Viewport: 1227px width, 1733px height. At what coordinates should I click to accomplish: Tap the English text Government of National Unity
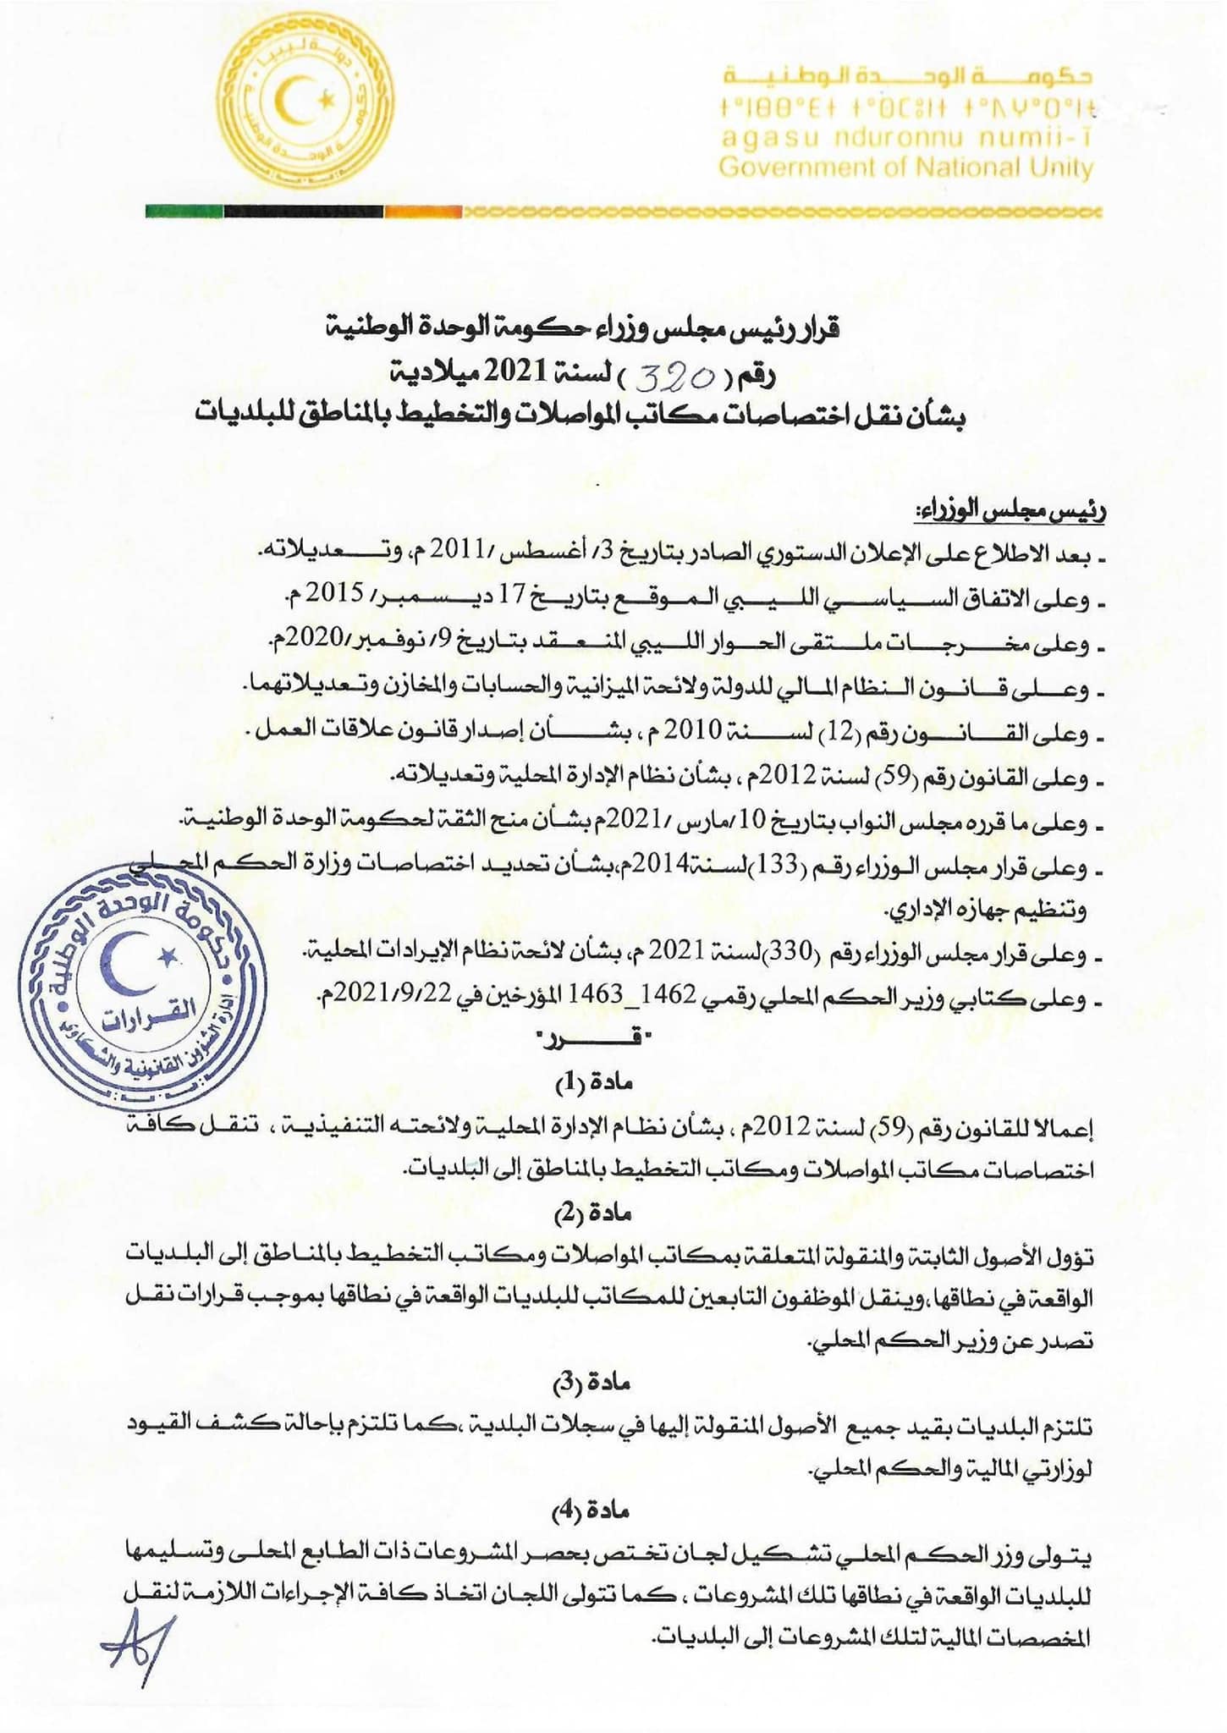[x=905, y=168]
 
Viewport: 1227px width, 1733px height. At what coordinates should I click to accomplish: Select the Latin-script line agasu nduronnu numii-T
[x=905, y=138]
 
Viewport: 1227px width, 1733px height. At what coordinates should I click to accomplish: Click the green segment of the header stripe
[x=184, y=212]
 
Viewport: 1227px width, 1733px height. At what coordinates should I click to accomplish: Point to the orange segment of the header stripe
[x=423, y=212]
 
